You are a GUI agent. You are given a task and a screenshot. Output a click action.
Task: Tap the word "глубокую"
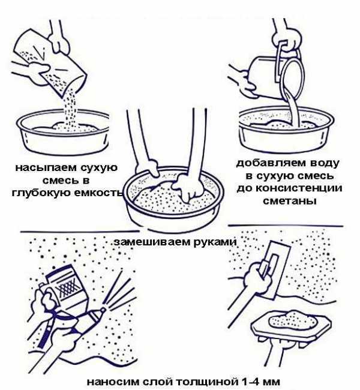(x=41, y=193)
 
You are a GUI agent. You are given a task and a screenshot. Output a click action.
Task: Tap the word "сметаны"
(x=290, y=201)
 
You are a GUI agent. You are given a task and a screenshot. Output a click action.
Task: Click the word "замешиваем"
(x=152, y=242)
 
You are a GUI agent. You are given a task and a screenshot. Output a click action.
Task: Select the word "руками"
(x=215, y=242)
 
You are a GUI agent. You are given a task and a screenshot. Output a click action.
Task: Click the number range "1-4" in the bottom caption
(x=251, y=381)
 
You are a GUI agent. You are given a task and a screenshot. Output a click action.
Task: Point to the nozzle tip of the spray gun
(x=103, y=310)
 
